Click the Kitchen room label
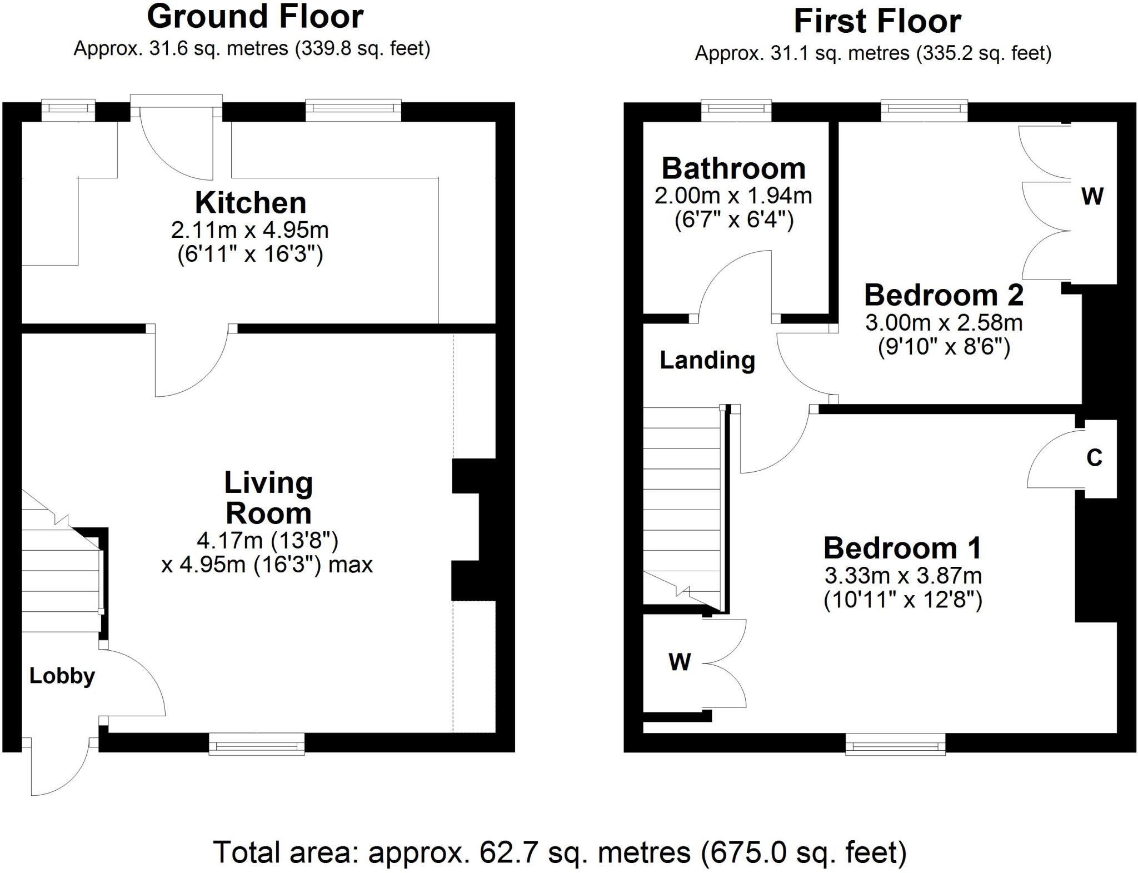(250, 203)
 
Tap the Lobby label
(62, 676)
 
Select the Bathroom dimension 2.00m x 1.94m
(733, 196)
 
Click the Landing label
(707, 360)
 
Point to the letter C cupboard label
(1094, 458)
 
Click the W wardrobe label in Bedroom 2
(1092, 196)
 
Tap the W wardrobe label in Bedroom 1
(679, 662)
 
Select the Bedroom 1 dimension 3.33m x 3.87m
(903, 575)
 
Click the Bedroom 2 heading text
(944, 295)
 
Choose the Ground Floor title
(255, 17)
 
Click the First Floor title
(877, 22)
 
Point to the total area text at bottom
(560, 852)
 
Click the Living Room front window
(257, 743)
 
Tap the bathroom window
(736, 110)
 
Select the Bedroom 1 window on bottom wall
(895, 744)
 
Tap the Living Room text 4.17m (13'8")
(267, 540)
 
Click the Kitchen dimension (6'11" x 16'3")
(250, 255)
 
